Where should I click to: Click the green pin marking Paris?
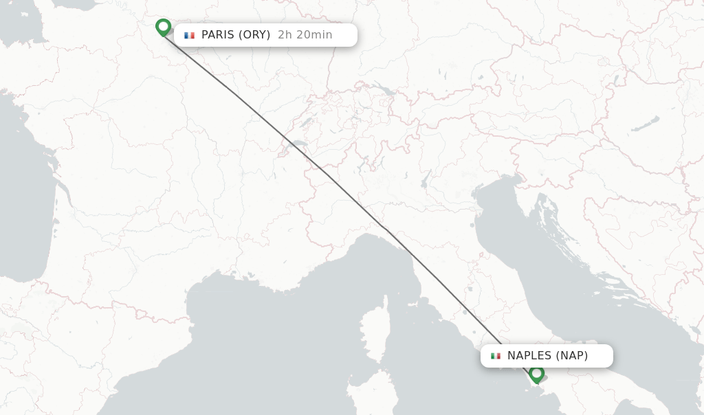pyautogui.click(x=163, y=27)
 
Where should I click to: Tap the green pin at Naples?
pyautogui.click(x=536, y=373)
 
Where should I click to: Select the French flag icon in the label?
pyautogui.click(x=189, y=35)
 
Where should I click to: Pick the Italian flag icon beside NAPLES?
pyautogui.click(x=495, y=356)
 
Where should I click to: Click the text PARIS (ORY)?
pyautogui.click(x=235, y=35)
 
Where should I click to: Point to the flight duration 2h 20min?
pyautogui.click(x=305, y=35)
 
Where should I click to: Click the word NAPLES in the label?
pyautogui.click(x=529, y=356)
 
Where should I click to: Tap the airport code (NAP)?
pyautogui.click(x=572, y=356)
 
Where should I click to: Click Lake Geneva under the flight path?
pyautogui.click(x=297, y=145)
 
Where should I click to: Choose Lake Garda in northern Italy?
pyautogui.click(x=427, y=180)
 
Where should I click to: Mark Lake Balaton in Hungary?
pyautogui.click(x=645, y=124)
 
